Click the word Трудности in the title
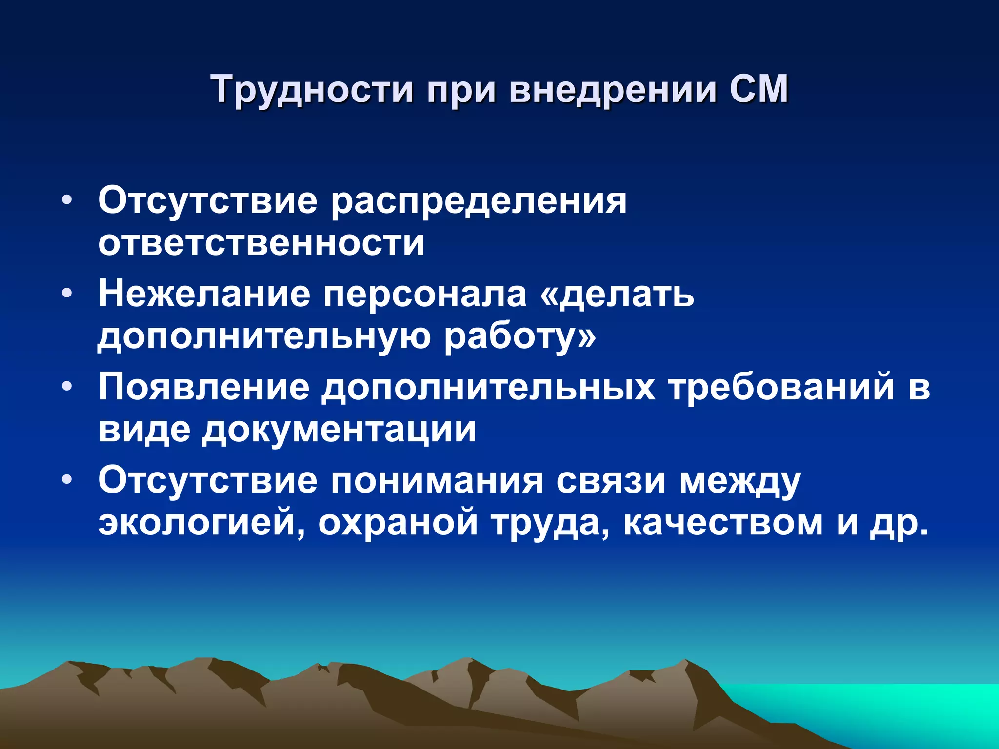(313, 90)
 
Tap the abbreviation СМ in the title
(759, 89)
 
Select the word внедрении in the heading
(613, 90)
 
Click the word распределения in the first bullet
(479, 202)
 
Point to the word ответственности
(261, 243)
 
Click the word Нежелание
(204, 294)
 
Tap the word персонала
(425, 295)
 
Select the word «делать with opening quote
(617, 295)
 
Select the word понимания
(437, 481)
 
